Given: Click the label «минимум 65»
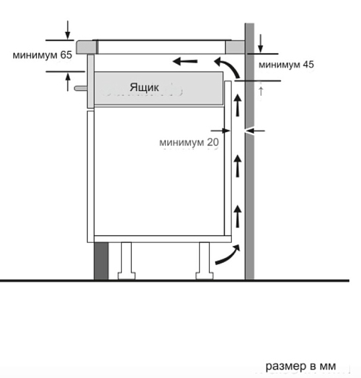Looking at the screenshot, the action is tap(43, 55).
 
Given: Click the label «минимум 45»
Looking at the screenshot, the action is tap(286, 65).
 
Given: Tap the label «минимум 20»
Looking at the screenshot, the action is tap(189, 142).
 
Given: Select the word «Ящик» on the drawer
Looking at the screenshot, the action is tap(144, 87).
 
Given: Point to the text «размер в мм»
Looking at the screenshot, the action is tap(301, 366).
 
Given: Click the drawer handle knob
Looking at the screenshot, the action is tap(81, 88).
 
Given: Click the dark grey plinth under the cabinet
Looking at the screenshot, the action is tap(101, 261).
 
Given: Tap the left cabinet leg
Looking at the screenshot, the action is tap(126, 261).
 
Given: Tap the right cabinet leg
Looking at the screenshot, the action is tap(204, 261).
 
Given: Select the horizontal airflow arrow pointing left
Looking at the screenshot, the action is tap(185, 61).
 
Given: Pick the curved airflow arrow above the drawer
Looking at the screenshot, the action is tap(228, 65).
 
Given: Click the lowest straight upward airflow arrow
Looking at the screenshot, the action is tap(238, 216).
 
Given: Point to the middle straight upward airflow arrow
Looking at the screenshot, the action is tap(238, 166).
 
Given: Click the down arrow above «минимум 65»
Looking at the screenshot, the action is tap(68, 30).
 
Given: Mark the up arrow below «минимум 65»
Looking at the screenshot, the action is tap(68, 82).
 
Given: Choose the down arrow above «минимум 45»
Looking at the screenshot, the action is tap(260, 43).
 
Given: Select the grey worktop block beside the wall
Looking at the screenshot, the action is tap(235, 47).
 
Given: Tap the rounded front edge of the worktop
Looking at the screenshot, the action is tap(86, 47).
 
